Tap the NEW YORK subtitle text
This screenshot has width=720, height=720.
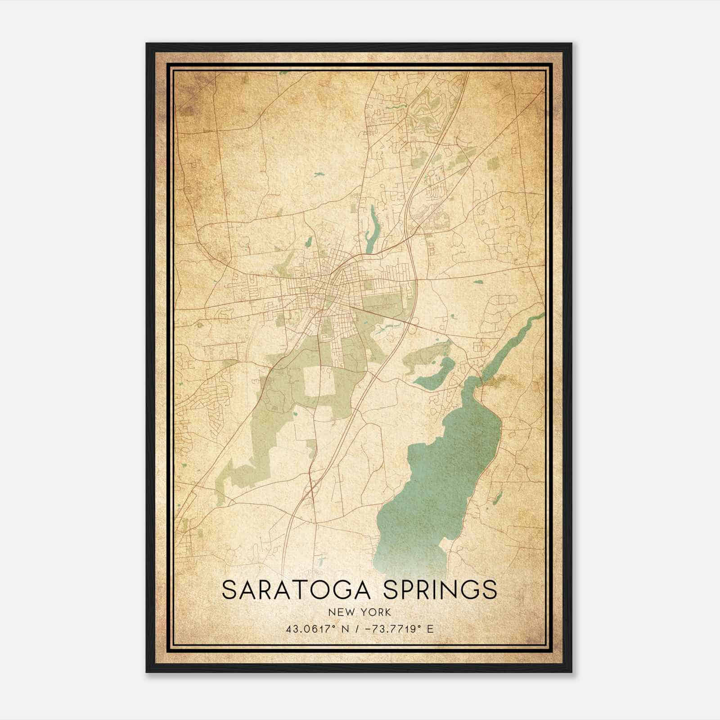tap(360, 612)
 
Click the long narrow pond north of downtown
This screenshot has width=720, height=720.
tap(373, 229)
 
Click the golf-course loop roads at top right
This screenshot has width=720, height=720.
tap(427, 108)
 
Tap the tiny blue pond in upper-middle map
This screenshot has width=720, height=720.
tap(319, 173)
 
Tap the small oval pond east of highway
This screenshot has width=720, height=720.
tap(478, 282)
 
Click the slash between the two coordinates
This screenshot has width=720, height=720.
tap(353, 629)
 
